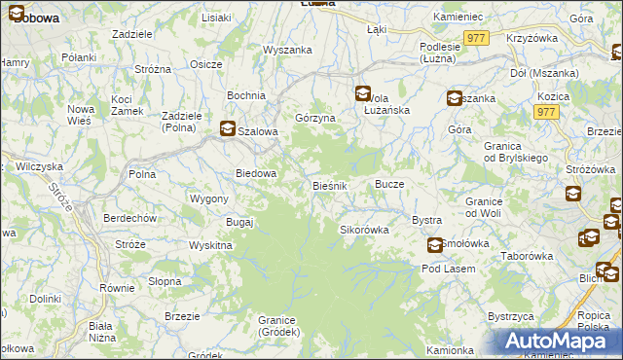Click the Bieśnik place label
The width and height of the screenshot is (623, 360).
pyautogui.click(x=330, y=185)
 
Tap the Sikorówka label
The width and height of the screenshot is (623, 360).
pyautogui.click(x=363, y=231)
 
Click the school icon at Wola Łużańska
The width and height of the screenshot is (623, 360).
pyautogui.click(x=362, y=94)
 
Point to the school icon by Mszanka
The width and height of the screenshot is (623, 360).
pyautogui.click(x=455, y=97)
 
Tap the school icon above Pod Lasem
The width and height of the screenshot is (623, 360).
pyautogui.click(x=433, y=246)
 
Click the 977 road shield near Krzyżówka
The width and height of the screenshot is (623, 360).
pyautogui.click(x=475, y=37)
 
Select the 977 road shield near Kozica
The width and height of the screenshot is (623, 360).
pyautogui.click(x=545, y=113)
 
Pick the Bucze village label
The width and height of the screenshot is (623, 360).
pyautogui.click(x=389, y=184)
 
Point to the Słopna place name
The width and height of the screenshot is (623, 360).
pyautogui.click(x=165, y=281)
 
